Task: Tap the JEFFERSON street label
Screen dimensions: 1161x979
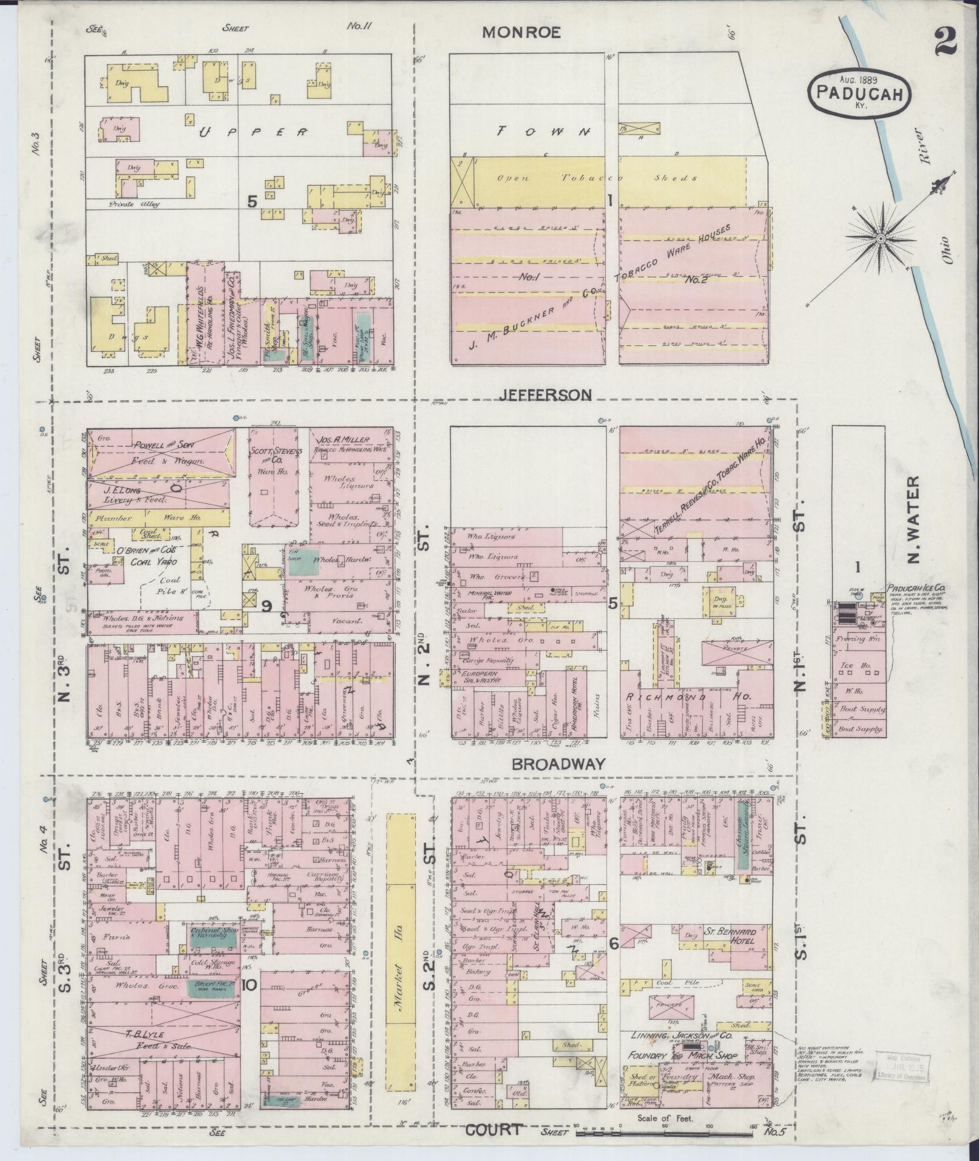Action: [545, 395]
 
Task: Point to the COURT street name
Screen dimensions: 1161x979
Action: [493, 1129]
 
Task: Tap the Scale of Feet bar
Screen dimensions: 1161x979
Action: [666, 1132]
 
